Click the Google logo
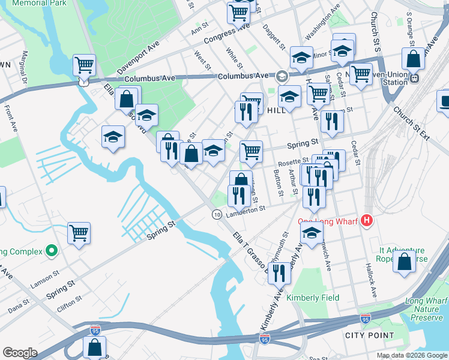point(20,353)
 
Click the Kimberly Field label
point(313,298)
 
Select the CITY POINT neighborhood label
point(369,335)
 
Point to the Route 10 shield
point(217,214)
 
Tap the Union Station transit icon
point(414,77)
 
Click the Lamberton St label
point(246,209)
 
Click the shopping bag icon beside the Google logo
point(95,347)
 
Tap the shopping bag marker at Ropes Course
point(405,262)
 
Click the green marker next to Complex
point(52,251)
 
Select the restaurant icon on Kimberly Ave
point(279,272)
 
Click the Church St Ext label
point(411,124)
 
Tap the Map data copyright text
point(411,355)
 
